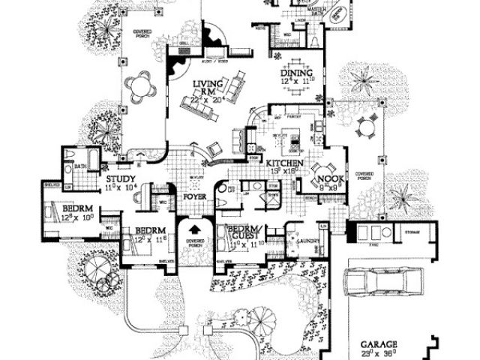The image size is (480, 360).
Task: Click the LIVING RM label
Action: pyautogui.click(x=205, y=88)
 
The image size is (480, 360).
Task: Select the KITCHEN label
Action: pyautogui.click(x=286, y=162)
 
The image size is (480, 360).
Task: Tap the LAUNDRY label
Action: pyautogui.click(x=309, y=241)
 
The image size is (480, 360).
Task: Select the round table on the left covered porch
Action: pyautogui.click(x=140, y=88)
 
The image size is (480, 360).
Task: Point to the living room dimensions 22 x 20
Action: pyautogui.click(x=205, y=98)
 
